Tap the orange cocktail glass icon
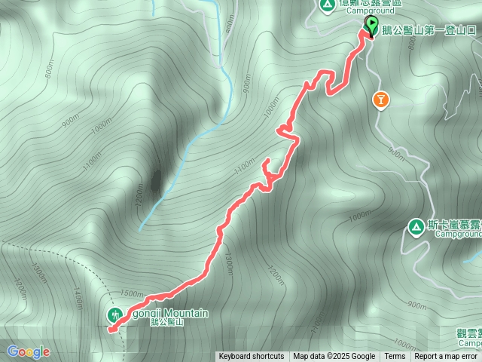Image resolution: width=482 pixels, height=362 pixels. pos(381,100)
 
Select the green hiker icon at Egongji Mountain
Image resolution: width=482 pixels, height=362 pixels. pos(115,314)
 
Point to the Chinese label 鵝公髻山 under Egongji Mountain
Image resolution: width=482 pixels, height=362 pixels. pos(166,322)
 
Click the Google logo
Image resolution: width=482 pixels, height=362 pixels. pos(29,351)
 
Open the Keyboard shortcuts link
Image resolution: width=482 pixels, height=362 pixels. pos(252,357)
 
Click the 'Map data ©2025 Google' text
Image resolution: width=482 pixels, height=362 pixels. pos(334,357)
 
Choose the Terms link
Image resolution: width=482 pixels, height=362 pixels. pos(395,357)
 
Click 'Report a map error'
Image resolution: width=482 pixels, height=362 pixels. pos(446,357)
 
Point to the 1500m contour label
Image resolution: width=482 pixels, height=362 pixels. pos(131,293)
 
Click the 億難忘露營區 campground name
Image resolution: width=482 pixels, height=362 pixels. pos(371,3)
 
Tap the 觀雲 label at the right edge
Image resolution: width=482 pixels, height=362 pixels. pos(468,332)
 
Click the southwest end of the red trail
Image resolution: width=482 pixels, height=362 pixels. pos(110,330)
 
